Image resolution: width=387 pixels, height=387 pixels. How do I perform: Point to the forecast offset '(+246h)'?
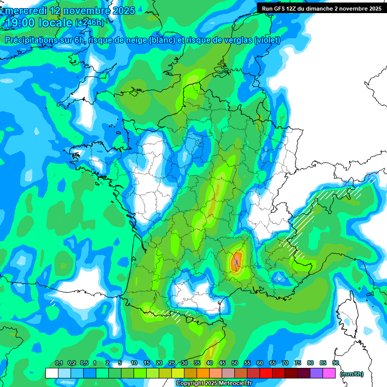[89, 23]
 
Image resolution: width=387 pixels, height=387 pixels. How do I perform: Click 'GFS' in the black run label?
[282, 8]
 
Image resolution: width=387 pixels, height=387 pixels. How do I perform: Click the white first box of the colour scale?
[51, 373]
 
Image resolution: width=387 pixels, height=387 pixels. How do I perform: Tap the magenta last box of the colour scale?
[329, 373]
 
